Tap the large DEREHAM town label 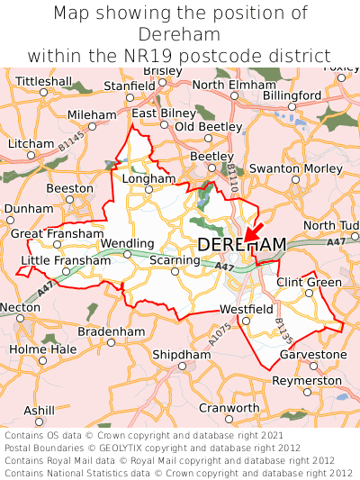click(x=241, y=245)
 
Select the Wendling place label click(x=127, y=243)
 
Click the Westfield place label click(x=246, y=310)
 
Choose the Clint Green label click(x=309, y=282)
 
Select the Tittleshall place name click(x=43, y=81)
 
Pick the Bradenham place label click(x=112, y=331)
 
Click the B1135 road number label click(x=284, y=331)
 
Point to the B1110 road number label click(x=232, y=177)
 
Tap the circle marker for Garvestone click(x=313, y=366)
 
